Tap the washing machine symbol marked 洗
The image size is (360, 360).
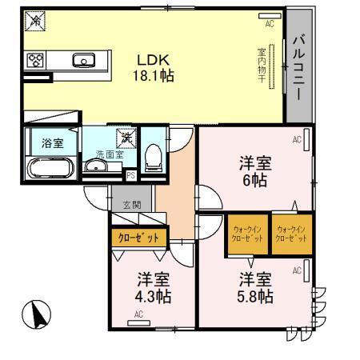click(x=126, y=138)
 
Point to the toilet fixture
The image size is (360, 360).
click(x=153, y=157)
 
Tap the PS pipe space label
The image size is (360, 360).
click(x=131, y=174)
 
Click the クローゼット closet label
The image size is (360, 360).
click(x=138, y=238)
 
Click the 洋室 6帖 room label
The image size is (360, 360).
click(x=256, y=171)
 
